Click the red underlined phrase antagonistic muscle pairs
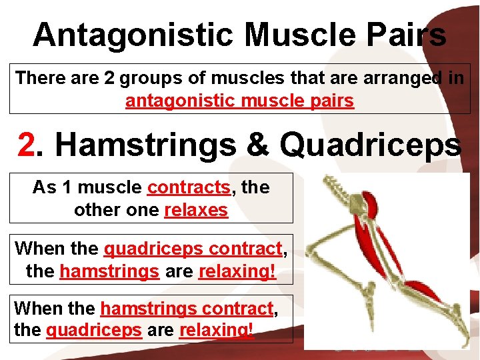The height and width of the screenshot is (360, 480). (x=239, y=101)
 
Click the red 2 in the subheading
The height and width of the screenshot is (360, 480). (x=26, y=145)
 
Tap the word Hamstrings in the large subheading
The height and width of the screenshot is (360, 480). (x=145, y=145)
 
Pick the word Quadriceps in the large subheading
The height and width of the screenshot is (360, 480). (x=370, y=145)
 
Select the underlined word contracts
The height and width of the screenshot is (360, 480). (x=189, y=187)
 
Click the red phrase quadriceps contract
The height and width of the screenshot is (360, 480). (x=193, y=249)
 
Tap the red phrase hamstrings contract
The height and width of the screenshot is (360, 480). (x=187, y=309)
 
